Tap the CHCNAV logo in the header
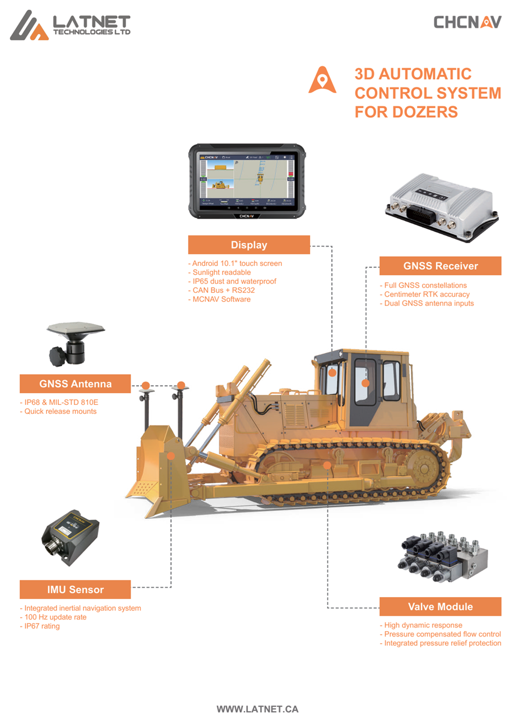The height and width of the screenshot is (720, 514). pos(467,22)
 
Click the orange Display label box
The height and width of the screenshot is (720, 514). pos(249,245)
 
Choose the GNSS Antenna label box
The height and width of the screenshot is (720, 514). pos(75,384)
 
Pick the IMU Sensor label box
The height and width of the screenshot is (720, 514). pos(75,589)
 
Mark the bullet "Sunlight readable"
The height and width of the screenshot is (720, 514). pos(221,272)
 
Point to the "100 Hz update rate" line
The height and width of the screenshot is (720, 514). pos(55,617)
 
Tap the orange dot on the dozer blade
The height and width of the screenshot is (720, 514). pos(171,456)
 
